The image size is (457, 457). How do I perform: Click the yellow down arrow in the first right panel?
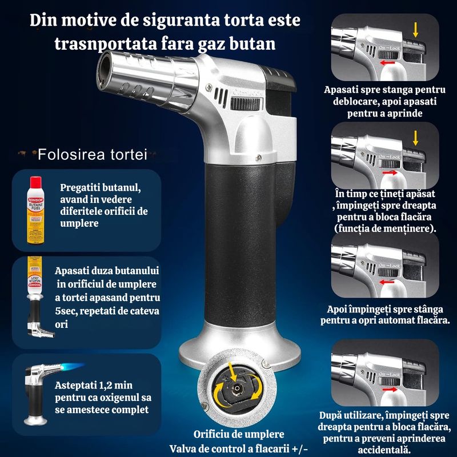point(415,30)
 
